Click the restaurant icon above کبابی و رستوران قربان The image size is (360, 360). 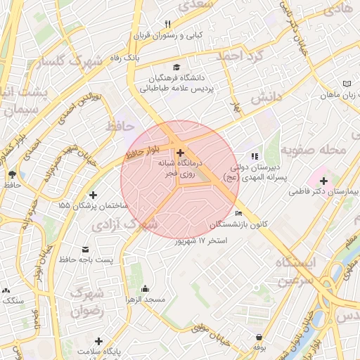167,24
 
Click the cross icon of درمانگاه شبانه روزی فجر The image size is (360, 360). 181,153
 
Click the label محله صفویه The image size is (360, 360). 314,150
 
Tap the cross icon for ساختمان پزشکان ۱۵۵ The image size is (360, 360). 93,195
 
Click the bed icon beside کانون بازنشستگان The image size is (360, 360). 239,213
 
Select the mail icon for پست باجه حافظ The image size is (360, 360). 86,250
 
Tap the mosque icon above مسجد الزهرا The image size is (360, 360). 145,288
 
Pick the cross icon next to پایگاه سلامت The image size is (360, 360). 98,340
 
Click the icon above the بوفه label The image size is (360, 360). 260,337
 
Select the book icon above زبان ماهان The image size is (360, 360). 346,84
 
